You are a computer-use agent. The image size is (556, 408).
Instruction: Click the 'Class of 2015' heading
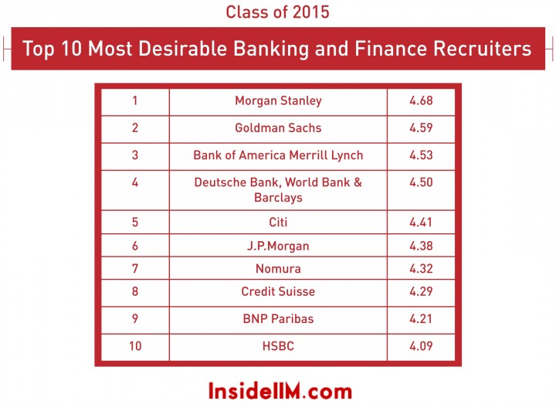coord(278,12)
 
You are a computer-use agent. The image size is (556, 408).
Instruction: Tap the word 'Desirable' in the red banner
coord(182,48)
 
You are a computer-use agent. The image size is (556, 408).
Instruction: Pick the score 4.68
coord(421,100)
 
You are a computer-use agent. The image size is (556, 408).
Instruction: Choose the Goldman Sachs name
coord(278,127)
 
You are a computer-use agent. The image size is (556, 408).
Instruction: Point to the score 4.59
coord(421,127)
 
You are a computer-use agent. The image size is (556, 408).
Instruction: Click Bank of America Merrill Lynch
coord(278,155)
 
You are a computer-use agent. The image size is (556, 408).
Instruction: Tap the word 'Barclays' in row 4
coord(278,198)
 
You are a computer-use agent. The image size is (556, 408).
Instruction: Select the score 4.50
coord(421,182)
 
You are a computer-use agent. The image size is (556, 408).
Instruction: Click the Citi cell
coord(278,223)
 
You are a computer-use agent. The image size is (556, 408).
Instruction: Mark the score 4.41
coord(421,223)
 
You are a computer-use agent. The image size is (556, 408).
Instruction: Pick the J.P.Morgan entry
coord(278,246)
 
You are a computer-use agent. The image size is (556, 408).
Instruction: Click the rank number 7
coord(135,269)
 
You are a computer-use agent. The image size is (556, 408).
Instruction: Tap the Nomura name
coord(278,269)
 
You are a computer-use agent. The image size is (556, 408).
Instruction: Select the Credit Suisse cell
coord(278,291)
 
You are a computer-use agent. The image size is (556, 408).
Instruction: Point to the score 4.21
coord(421,318)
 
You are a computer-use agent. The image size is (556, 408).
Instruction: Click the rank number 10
coord(135,346)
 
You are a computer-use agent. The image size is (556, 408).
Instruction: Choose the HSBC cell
coord(278,346)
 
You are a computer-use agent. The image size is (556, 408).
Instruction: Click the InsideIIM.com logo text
coord(280,391)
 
